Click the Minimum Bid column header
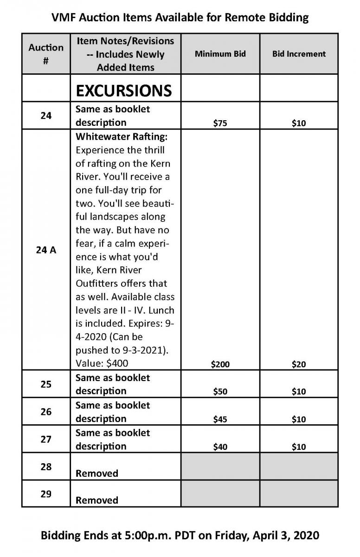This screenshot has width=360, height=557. point(220,54)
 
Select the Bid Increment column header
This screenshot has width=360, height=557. point(299,54)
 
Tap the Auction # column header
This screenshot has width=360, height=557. point(46,54)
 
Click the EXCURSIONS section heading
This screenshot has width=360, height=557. point(124,90)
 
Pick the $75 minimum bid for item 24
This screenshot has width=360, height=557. point(220,123)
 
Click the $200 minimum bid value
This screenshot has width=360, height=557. point(220,364)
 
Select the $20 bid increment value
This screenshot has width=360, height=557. point(299,364)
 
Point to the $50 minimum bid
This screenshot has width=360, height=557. point(220,391)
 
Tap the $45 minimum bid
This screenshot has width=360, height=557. point(220,419)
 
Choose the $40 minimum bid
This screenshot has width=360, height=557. point(220,447)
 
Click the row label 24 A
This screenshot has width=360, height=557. point(46,250)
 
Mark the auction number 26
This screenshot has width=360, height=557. point(46,411)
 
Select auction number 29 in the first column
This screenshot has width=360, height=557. point(46,494)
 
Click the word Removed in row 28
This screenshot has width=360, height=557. point(97,473)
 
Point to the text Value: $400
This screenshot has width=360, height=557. point(102,363)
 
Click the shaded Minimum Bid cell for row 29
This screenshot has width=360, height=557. point(220,494)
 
